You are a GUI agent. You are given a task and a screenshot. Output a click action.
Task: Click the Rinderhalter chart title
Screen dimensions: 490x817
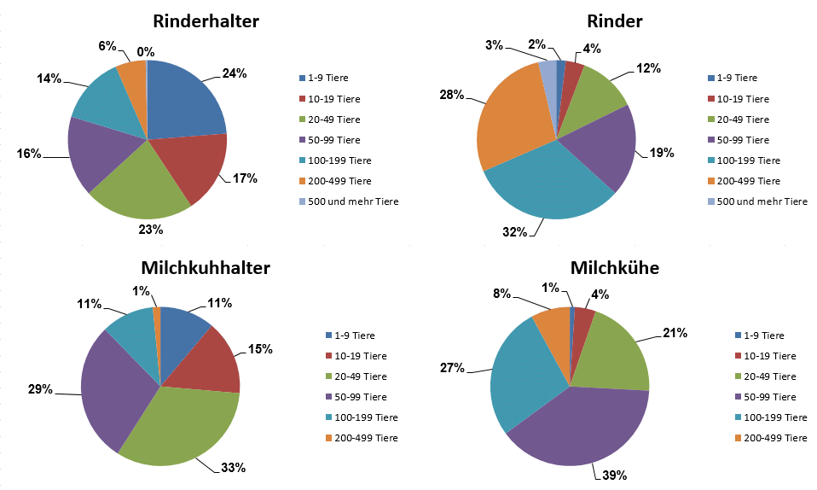point(206,21)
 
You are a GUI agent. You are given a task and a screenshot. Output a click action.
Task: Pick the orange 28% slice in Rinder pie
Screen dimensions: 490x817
point(512,128)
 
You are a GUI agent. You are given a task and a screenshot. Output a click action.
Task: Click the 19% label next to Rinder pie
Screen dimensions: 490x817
point(661,153)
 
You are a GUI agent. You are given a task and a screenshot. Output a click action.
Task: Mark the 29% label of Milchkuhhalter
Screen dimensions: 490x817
point(40,389)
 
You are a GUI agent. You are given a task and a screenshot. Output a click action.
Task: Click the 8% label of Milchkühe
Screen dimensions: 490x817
point(501,294)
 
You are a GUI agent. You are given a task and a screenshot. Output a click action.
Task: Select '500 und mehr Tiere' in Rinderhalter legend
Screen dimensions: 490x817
point(354,201)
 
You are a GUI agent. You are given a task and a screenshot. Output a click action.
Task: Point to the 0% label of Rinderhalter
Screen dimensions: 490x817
point(145,52)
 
